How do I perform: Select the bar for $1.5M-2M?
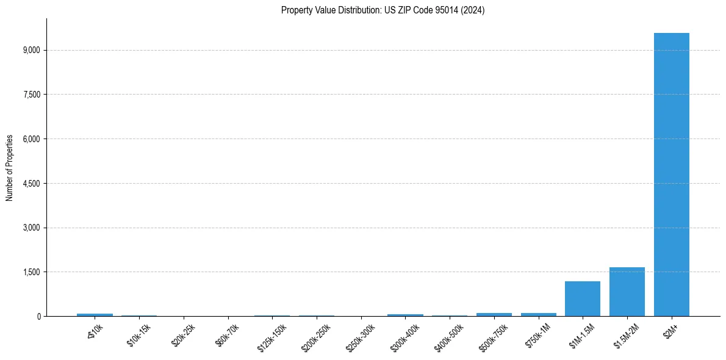[x=627, y=292]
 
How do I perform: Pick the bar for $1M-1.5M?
[x=583, y=299]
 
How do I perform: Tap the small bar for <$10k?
[x=95, y=315]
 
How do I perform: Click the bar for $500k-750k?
[x=494, y=314]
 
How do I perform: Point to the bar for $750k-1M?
[x=539, y=314]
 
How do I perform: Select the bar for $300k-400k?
[x=405, y=315]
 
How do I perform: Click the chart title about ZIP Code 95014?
[x=383, y=10]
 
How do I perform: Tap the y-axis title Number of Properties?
[x=10, y=168]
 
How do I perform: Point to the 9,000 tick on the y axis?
[x=31, y=50]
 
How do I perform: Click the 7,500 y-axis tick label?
[x=31, y=95]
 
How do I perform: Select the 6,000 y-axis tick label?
[x=31, y=139]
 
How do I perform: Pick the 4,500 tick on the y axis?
[x=31, y=184]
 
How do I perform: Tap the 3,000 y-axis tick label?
[x=31, y=228]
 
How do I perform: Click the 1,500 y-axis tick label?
[x=31, y=272]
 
